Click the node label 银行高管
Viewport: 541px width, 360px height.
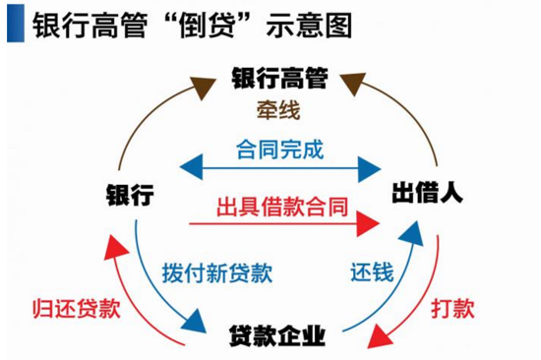279,76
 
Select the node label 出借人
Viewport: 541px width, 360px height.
428,193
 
